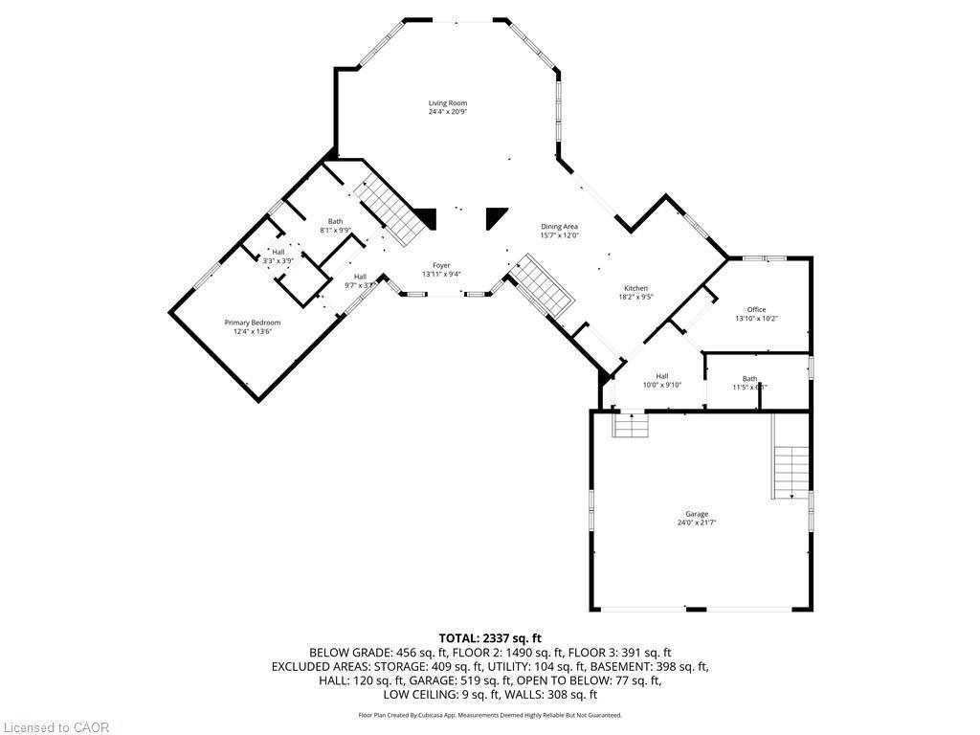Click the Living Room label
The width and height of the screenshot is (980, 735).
pos(447,103)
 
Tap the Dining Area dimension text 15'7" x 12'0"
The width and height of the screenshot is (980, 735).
pos(559,235)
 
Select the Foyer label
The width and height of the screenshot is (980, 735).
pos(441,265)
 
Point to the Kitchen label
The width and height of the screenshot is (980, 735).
pos(636,288)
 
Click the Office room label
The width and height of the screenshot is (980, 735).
pos(756,309)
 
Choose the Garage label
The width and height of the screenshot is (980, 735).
pos(697,514)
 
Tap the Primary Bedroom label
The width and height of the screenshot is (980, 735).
pos(253,323)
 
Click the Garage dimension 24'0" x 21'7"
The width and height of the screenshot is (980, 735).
pos(697,523)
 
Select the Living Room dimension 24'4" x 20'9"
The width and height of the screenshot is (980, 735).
pos(447,112)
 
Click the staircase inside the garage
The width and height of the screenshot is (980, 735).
pos(791,472)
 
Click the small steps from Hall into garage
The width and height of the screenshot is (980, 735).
pos(630,425)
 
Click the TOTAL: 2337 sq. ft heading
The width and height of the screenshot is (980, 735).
pos(490,637)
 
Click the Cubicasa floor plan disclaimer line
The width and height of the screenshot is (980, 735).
pos(490,715)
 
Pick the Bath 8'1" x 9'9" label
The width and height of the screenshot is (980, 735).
pos(335,225)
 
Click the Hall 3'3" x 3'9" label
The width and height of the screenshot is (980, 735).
pos(278,256)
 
